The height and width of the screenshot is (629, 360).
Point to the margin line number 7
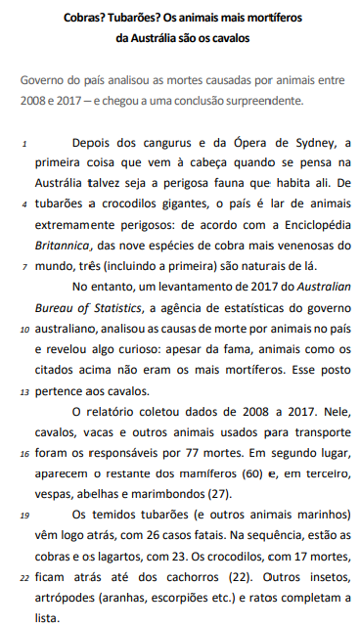pyautogui.click(x=23, y=266)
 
